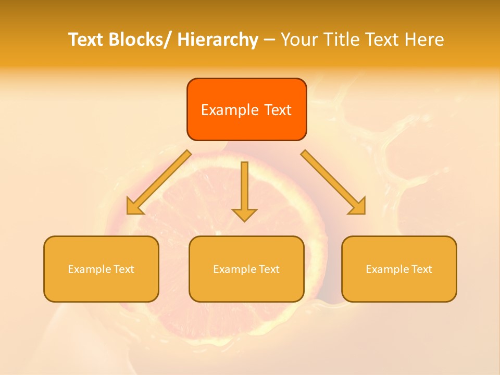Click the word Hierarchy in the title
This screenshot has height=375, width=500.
(218, 40)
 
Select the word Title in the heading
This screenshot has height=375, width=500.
(338, 40)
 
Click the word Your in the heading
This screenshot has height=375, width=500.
(300, 40)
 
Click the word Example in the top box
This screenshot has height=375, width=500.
(230, 110)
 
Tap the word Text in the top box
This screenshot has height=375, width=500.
(277, 110)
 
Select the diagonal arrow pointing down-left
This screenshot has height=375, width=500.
(159, 182)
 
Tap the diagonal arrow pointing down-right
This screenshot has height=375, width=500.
(333, 182)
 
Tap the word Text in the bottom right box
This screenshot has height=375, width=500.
(421, 269)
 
